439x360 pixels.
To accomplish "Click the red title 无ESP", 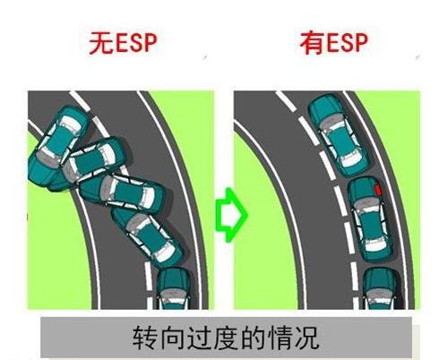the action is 123,43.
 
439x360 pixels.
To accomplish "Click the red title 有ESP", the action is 333,44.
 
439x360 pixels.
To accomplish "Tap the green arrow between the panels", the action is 231,215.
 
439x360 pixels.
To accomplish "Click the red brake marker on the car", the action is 378,190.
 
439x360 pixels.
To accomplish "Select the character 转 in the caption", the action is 144,338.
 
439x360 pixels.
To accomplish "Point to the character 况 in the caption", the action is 307,338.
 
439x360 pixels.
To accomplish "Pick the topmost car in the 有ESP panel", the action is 339,134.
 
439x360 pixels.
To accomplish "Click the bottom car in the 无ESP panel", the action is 174,288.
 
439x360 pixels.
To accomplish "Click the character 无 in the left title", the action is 101,44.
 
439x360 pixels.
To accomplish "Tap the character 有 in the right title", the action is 312,44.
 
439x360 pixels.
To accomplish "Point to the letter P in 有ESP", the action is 360,44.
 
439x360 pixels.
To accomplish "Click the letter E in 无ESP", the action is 122,44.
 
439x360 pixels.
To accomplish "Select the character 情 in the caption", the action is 280,338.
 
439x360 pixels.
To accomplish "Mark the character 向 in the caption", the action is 171,338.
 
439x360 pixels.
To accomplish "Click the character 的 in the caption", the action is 253,338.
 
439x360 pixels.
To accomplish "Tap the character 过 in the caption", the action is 199,338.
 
